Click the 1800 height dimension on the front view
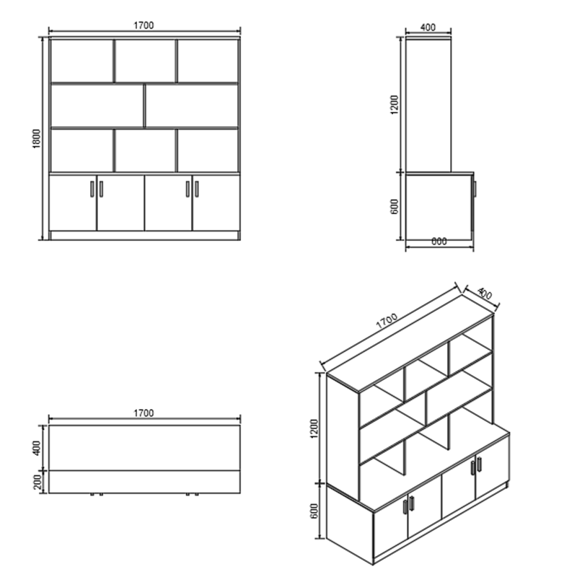37,138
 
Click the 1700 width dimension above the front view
144,25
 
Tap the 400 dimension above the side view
428,27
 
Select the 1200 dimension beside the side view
394,105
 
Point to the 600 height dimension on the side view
394,206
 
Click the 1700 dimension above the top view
144,413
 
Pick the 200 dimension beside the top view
38,482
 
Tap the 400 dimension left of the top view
38,448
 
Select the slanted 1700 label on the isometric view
387,320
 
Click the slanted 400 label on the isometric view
485,294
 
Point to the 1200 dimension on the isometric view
314,428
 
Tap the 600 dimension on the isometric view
314,511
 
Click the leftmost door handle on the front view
92,189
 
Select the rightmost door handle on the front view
197,189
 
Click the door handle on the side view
475,189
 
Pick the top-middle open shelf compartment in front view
146,61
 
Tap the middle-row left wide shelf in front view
97,106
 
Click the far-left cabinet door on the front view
73,203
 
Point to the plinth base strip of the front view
145,236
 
